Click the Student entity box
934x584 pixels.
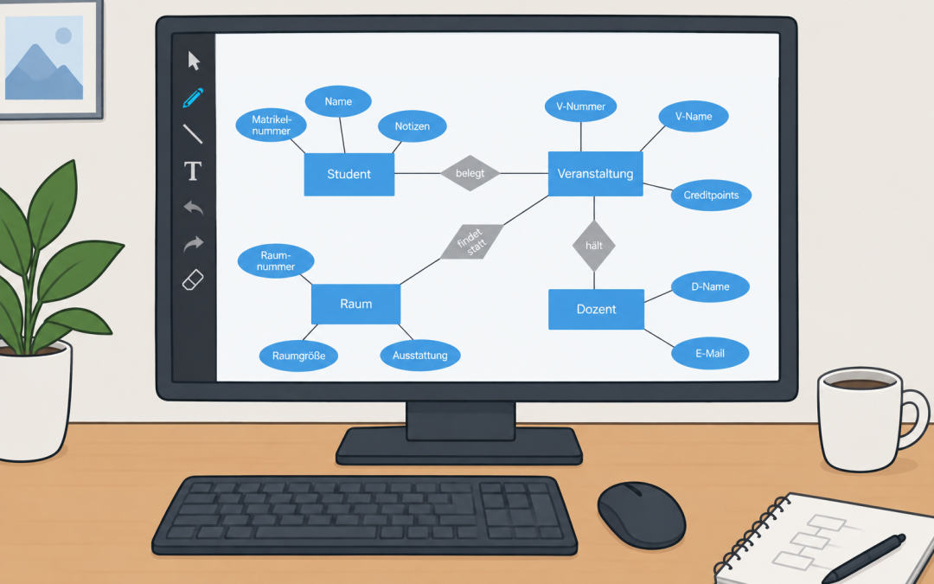pos(349,174)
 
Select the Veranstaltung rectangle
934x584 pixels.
pos(595,173)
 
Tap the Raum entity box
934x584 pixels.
pos(355,304)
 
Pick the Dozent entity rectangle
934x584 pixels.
pos(596,309)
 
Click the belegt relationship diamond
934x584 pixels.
pos(470,173)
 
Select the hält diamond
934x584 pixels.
pos(594,246)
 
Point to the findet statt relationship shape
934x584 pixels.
pos(472,241)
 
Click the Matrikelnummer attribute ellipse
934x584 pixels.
pos(271,125)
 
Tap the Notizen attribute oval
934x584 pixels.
pos(413,126)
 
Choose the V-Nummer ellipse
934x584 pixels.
pos(581,106)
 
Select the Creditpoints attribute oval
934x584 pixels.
pos(711,195)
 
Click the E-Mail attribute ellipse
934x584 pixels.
pos(710,353)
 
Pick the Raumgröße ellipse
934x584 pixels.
pos(298,356)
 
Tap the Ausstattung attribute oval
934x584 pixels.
pos(420,356)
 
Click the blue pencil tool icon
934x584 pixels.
pos(193,98)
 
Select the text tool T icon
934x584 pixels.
pos(192,171)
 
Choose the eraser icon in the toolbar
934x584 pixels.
pos(193,280)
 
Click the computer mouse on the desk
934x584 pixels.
pos(642,515)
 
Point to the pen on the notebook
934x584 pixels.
pos(864,558)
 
